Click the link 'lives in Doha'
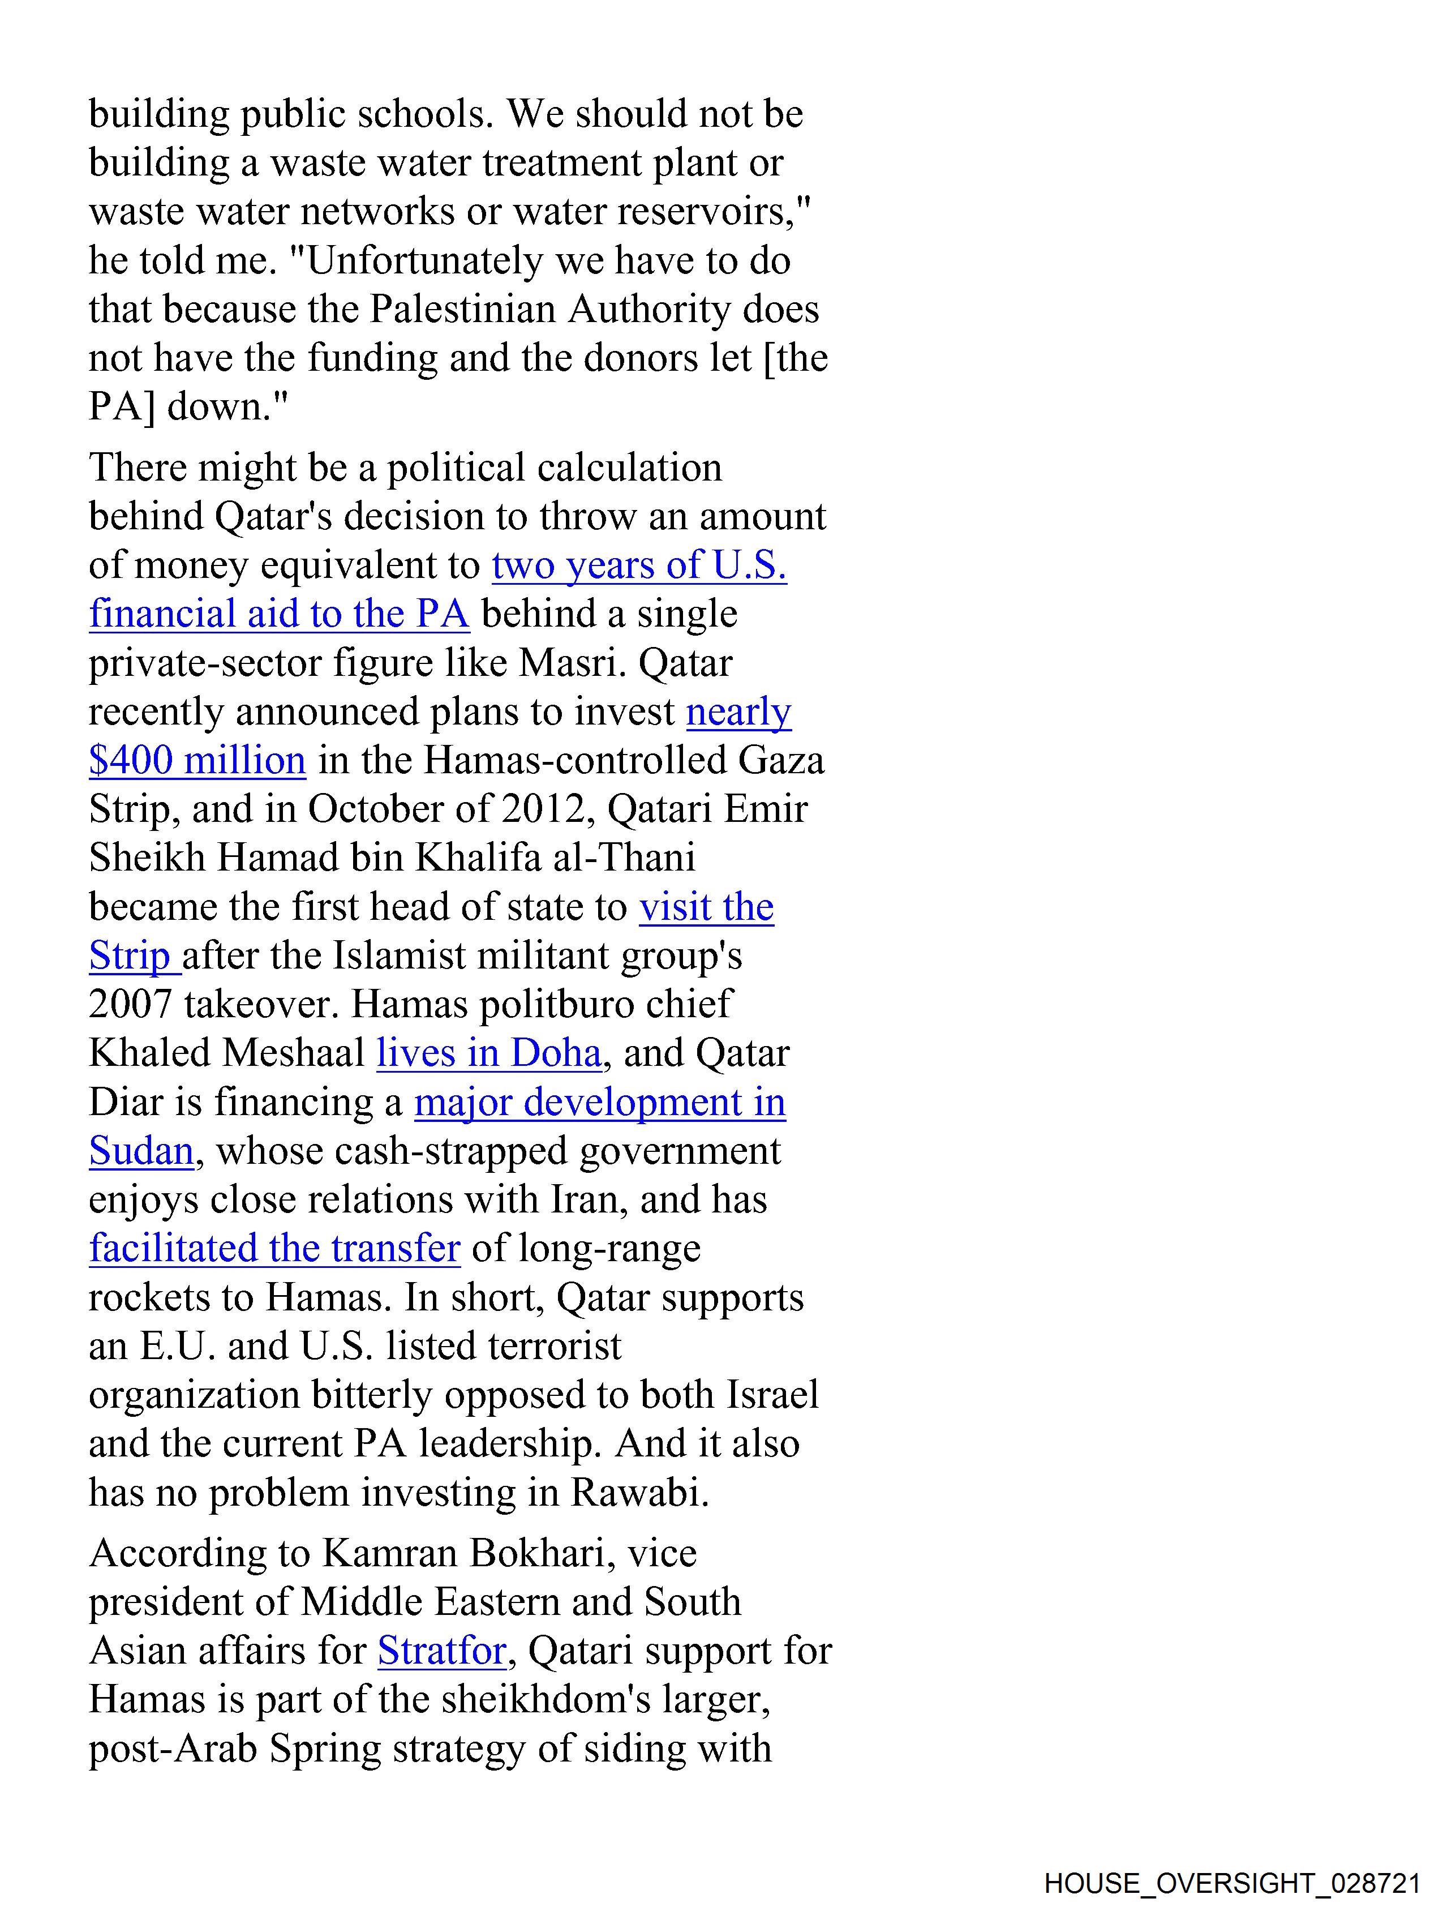(489, 1053)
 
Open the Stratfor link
(441, 1650)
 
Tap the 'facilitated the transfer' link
(274, 1248)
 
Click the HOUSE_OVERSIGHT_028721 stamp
(1232, 1883)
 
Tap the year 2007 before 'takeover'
(129, 1004)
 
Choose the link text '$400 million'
(197, 760)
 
